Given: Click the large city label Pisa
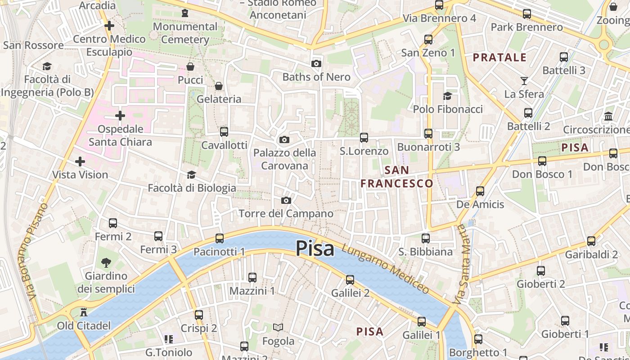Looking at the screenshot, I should click(315, 249).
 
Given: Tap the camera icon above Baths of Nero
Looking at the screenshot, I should click(316, 64).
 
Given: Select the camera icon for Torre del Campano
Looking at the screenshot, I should click(286, 200).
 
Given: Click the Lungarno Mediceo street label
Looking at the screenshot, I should click(385, 269).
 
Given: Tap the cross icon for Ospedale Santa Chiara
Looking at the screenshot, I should click(120, 116).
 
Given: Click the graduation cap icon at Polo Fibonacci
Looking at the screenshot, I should click(447, 96).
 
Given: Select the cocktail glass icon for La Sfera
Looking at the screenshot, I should click(524, 81).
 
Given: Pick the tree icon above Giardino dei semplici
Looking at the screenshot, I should click(106, 262).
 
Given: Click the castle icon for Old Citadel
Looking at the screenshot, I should click(83, 312).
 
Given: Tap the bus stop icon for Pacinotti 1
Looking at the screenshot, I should click(220, 238).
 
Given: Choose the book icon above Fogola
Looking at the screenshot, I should click(279, 328).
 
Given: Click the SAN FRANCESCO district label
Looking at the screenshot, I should click(396, 177).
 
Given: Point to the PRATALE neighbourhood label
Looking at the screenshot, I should click(499, 58).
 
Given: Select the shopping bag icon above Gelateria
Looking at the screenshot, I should click(219, 86).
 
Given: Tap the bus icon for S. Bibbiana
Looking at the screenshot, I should click(426, 238).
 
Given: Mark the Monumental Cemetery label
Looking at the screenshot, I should click(185, 33).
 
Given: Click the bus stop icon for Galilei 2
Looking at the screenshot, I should click(350, 280).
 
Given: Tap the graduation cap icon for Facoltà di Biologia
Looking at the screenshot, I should click(192, 175).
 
